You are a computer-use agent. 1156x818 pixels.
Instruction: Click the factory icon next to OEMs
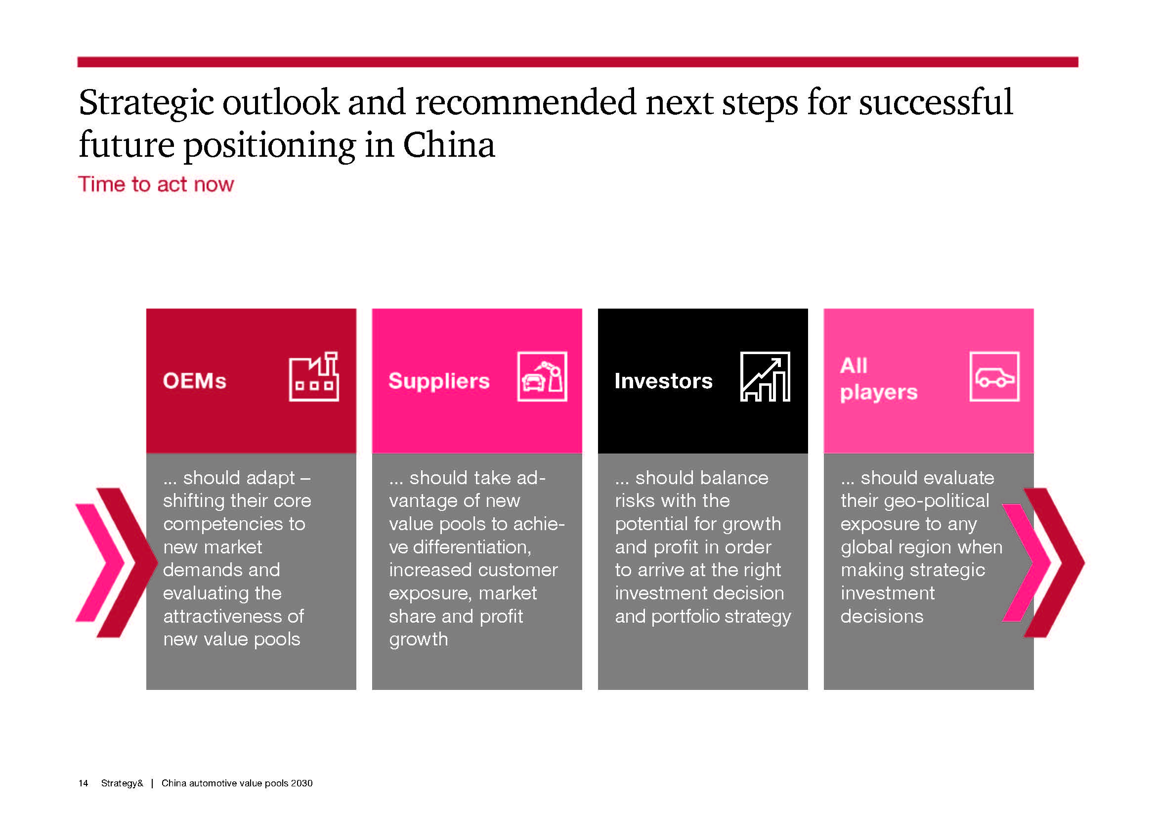coord(314,377)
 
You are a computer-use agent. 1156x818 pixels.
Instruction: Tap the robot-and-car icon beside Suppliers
coord(542,377)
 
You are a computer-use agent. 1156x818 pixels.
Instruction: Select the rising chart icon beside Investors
coord(765,377)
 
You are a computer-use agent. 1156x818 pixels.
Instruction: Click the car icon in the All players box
coord(994,377)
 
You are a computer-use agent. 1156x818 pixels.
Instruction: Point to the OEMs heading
coord(194,381)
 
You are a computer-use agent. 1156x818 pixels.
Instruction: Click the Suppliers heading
coord(439,381)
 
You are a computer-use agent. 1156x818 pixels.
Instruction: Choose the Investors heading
coord(664,381)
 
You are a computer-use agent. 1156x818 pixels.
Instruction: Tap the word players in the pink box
coord(879,393)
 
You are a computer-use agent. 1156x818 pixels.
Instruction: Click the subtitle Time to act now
coord(156,184)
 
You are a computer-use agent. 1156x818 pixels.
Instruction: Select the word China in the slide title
coord(449,145)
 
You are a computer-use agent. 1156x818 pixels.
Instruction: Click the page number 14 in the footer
coord(83,783)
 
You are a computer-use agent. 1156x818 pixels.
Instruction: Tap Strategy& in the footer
coord(122,783)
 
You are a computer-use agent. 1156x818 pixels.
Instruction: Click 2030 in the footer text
coord(301,783)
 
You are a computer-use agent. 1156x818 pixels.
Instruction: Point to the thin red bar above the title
coord(577,62)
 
